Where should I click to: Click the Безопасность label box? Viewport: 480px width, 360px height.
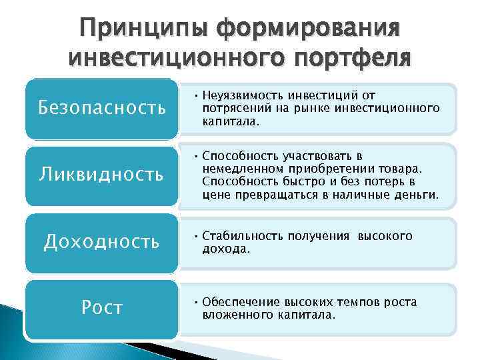coord(102,107)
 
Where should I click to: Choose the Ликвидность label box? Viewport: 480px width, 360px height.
coord(101,175)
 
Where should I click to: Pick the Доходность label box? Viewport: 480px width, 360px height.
coord(101,241)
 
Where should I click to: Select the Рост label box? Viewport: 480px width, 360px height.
coord(101,307)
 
